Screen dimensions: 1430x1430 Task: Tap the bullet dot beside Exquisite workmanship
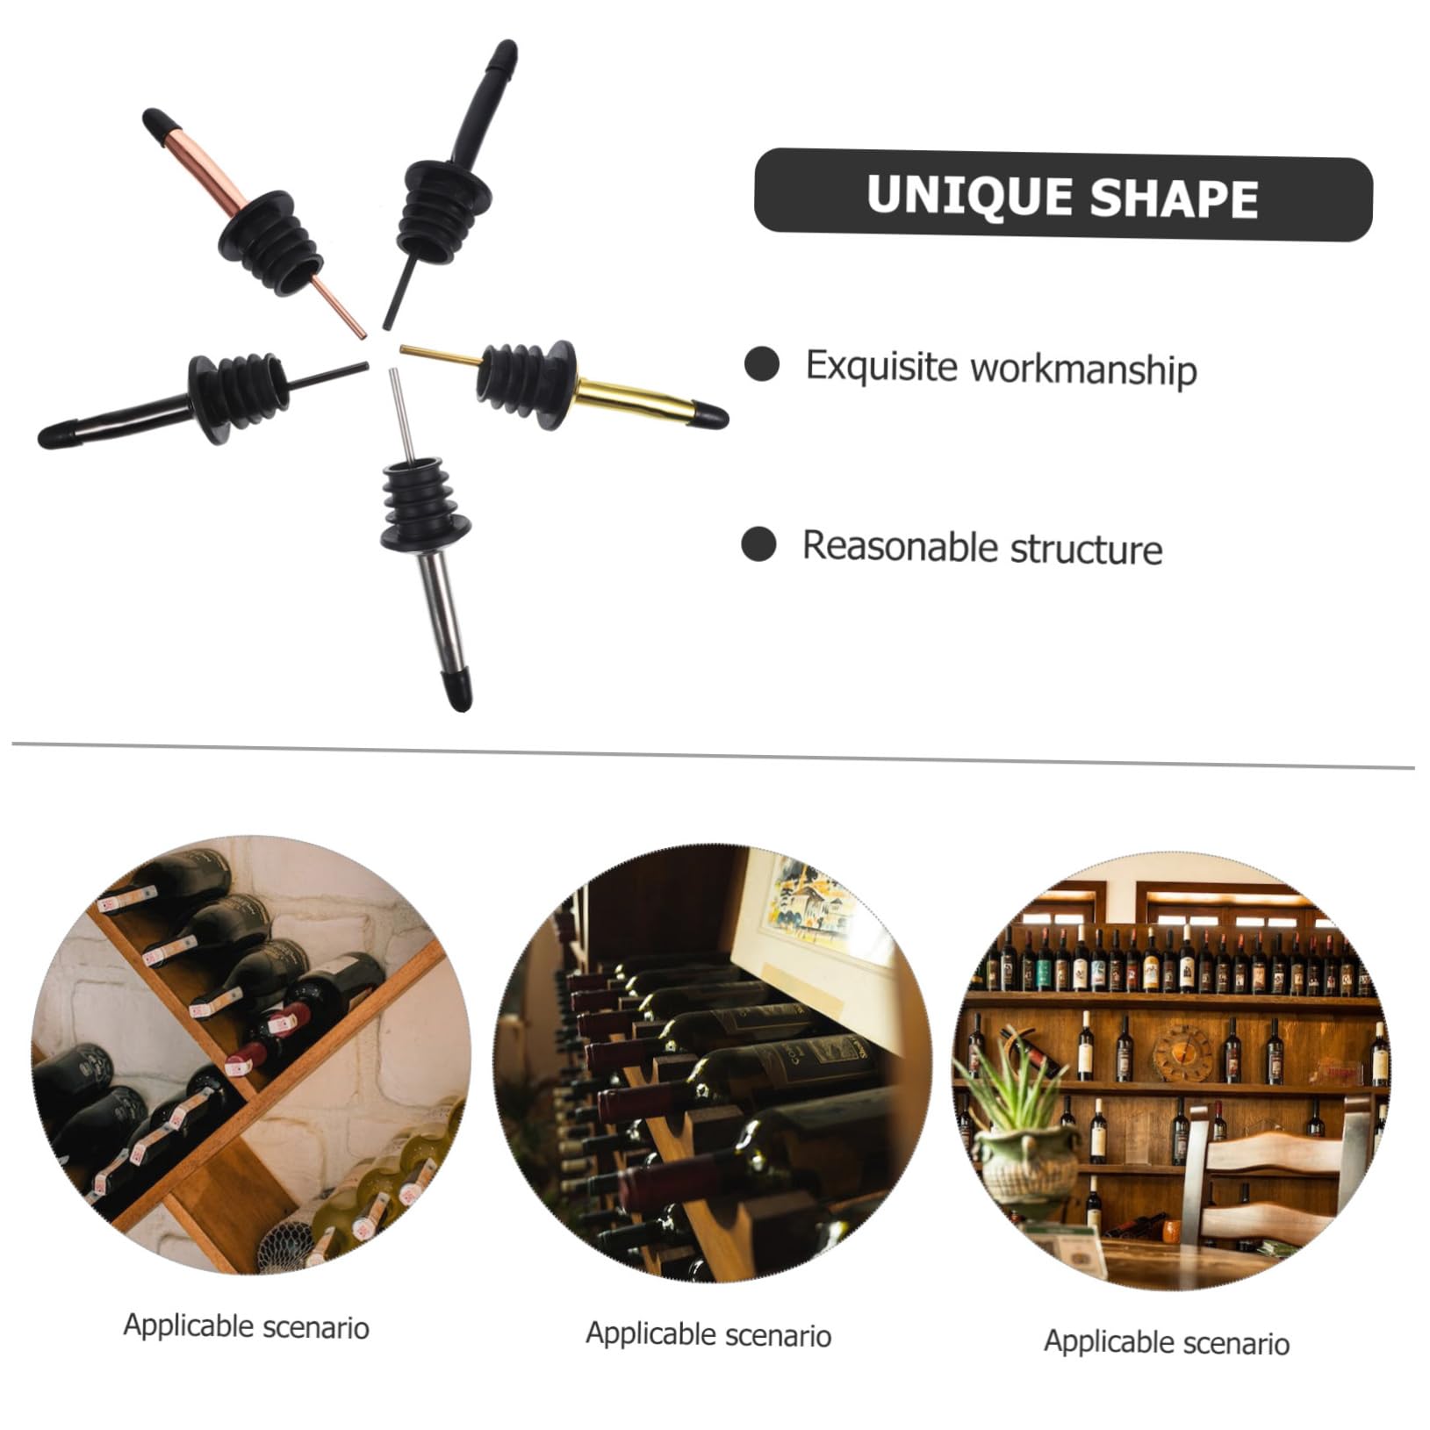coord(761,363)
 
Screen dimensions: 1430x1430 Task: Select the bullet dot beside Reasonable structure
coord(758,544)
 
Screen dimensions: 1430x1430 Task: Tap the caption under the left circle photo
coord(246,1326)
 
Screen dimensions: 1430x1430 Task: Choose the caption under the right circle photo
coord(1167,1342)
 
